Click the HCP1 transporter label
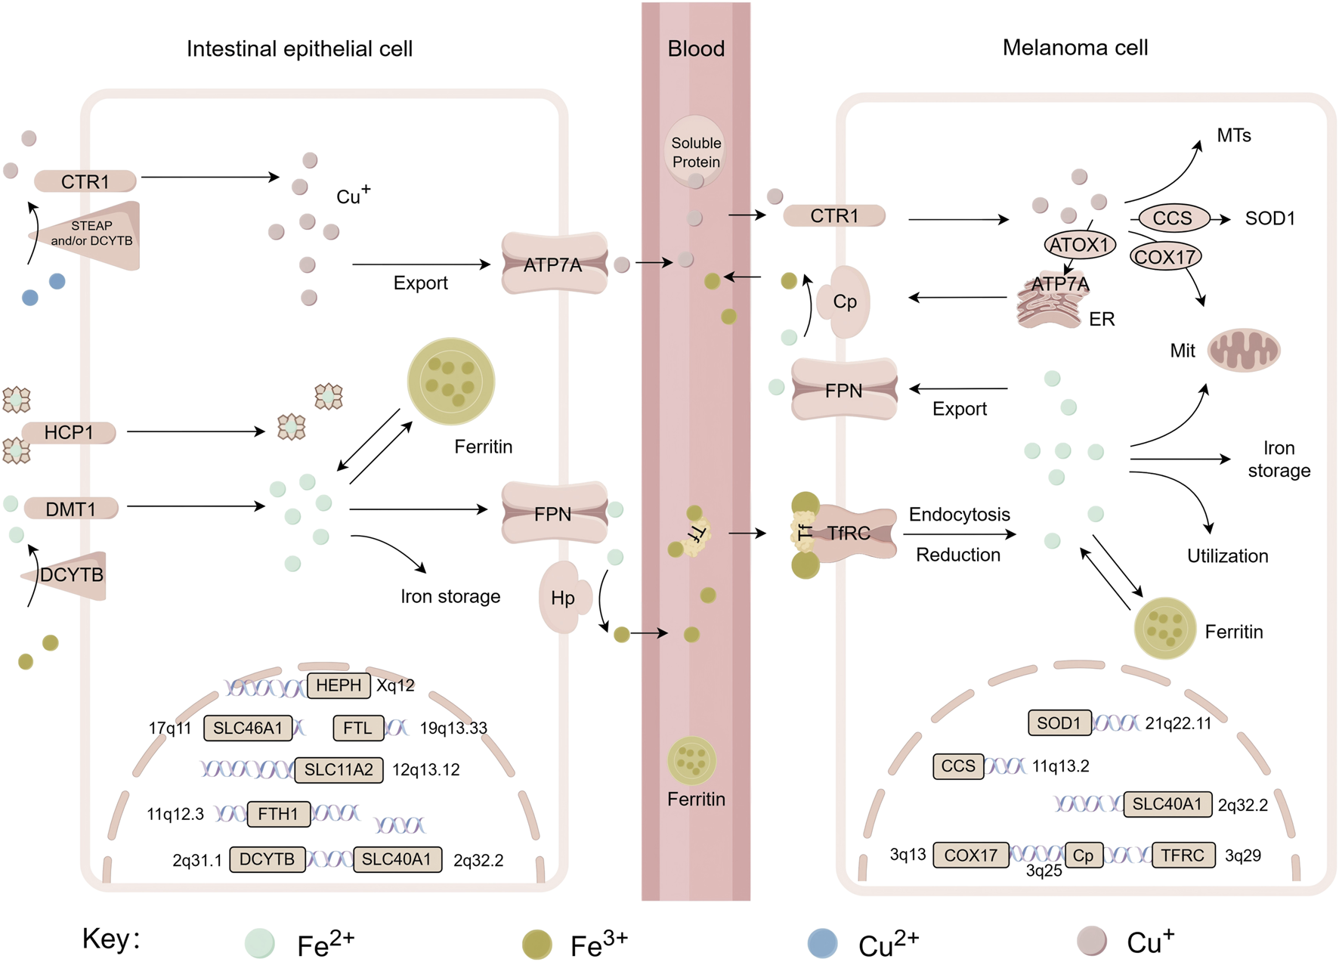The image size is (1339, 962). coord(69,432)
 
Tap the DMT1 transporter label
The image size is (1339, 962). coord(71,509)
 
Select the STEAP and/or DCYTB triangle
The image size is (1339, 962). coord(94,234)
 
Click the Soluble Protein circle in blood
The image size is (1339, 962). coord(695,151)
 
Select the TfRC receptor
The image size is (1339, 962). coord(848,534)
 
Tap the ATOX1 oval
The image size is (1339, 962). coord(1079,245)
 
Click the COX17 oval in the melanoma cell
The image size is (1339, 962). coord(1164,257)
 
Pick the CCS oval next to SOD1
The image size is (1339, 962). coord(1172,218)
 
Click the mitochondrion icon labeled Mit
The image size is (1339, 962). coord(1243,350)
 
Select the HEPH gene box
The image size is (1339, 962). coord(339,685)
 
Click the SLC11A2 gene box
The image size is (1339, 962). coord(339,770)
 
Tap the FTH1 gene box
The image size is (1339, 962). coord(278,814)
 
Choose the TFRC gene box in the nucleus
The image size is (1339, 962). coord(1183,855)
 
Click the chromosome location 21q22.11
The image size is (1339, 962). coord(1177,724)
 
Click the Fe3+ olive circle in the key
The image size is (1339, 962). coord(537,944)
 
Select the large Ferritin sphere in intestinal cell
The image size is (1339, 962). coord(451,381)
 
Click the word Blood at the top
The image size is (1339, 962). coord(696,49)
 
